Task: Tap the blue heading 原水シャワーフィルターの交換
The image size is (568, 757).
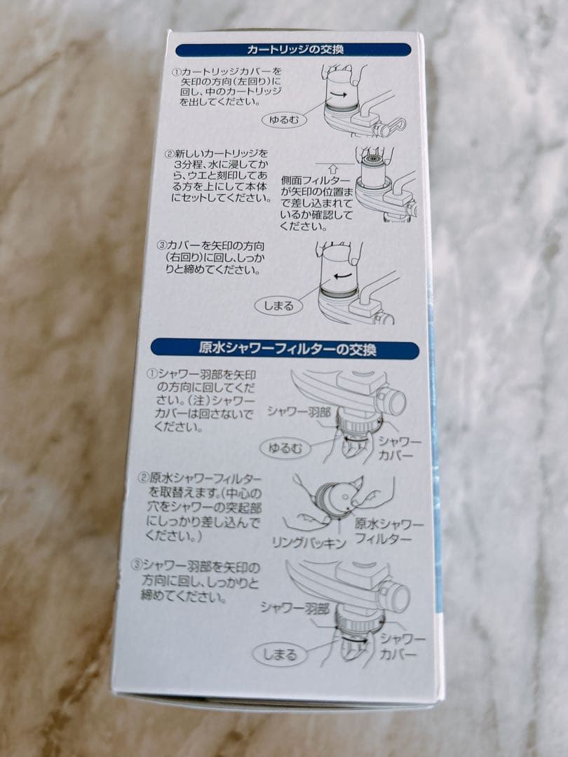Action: coord(286,348)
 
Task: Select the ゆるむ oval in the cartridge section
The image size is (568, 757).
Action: coord(285,120)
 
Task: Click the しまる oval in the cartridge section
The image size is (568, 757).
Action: coord(278,306)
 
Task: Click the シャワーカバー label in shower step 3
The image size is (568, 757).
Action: coord(402,647)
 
